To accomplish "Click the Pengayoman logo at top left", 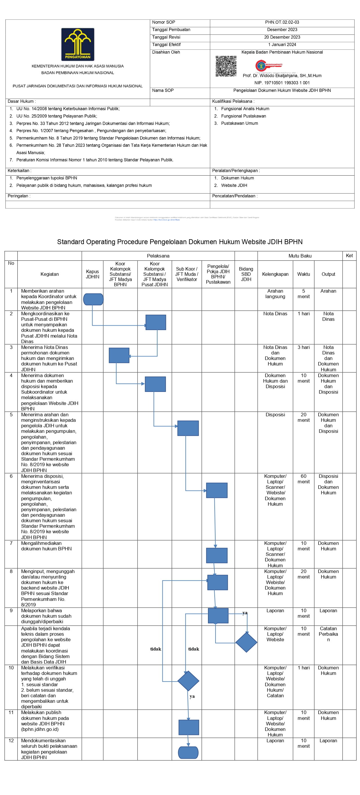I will [77, 44].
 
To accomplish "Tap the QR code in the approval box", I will [226, 66].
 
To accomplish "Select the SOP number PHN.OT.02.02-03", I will [282, 22].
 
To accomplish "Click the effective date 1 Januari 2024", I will [282, 44].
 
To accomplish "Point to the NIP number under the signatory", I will [282, 83].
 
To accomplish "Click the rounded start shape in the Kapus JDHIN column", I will [93, 299].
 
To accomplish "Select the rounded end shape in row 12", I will [188, 752].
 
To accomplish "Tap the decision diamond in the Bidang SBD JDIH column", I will [246, 642].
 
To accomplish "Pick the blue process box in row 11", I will [189, 727].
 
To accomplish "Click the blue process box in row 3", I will [119, 355].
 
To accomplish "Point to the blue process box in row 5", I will [188, 428].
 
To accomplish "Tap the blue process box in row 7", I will [217, 555].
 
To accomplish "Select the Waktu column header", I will [303, 274].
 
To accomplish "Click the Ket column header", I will [349, 255].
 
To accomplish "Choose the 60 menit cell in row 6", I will [303, 479].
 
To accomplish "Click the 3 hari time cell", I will [303, 347].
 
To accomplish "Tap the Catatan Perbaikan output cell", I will [328, 634].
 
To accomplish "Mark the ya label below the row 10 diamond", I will [192, 696].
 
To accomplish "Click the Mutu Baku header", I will [300, 256].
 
